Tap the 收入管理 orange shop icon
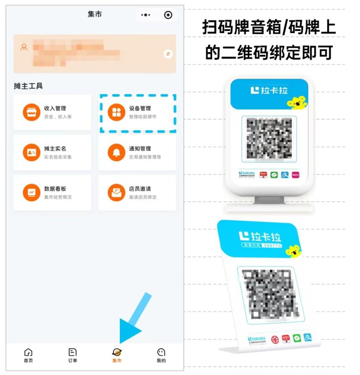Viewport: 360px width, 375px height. [31, 112]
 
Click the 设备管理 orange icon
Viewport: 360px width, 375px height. [117, 112]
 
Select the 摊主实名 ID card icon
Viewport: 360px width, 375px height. [31, 152]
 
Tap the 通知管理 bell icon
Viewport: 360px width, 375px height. [117, 152]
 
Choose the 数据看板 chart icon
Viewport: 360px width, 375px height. [31, 193]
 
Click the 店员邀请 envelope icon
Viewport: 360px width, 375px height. [117, 193]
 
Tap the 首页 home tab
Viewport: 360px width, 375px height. [28, 355]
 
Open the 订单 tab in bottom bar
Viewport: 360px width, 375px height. [73, 355]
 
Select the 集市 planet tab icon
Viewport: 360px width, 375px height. [117, 352]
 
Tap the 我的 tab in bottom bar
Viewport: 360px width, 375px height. [161, 355]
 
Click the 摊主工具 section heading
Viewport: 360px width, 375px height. [28, 86]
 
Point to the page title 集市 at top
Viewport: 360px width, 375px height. [95, 14]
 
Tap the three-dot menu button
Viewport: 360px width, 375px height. [145, 15]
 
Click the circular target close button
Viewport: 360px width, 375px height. [168, 15]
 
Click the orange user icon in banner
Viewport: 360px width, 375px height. [24, 47]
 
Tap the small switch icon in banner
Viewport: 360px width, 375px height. [168, 54]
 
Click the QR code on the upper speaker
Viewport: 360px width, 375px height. [269, 138]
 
